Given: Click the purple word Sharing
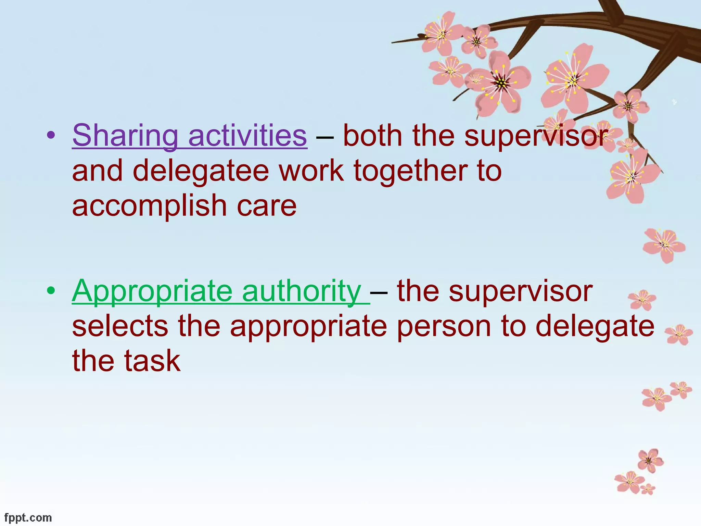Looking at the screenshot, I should coord(125,136).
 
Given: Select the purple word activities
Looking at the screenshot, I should coord(247,136).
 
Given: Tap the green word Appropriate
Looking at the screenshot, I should coord(152,291).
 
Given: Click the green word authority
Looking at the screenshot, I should coord(301,291).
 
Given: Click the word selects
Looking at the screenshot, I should coord(120,326).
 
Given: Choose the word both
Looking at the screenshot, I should coord(373,136).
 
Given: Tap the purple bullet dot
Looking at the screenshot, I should coord(51,136).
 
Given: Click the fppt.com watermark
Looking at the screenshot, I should coord(28,517).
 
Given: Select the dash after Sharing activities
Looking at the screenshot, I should coord(325,137).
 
